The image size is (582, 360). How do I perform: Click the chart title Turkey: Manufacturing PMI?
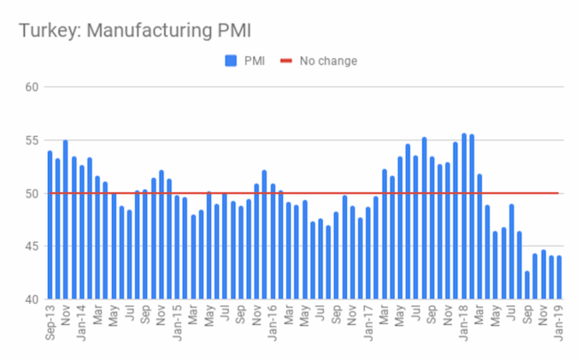[135, 30]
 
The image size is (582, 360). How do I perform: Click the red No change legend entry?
[320, 61]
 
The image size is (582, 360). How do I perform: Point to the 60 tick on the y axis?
[32, 87]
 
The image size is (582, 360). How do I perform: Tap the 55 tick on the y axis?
[32, 140]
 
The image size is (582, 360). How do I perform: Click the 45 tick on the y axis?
[32, 247]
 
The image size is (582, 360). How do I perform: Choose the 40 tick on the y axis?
[32, 299]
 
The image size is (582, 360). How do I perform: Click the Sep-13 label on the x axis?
[49, 323]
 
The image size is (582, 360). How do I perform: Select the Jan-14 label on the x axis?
[81, 323]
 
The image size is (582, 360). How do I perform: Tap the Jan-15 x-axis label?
[177, 323]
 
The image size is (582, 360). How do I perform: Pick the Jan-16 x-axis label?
[272, 323]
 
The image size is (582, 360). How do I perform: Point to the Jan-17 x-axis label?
[368, 323]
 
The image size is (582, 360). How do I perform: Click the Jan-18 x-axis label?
[463, 323]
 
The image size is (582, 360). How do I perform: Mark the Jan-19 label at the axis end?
[559, 323]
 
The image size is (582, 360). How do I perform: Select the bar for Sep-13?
[49, 225]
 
